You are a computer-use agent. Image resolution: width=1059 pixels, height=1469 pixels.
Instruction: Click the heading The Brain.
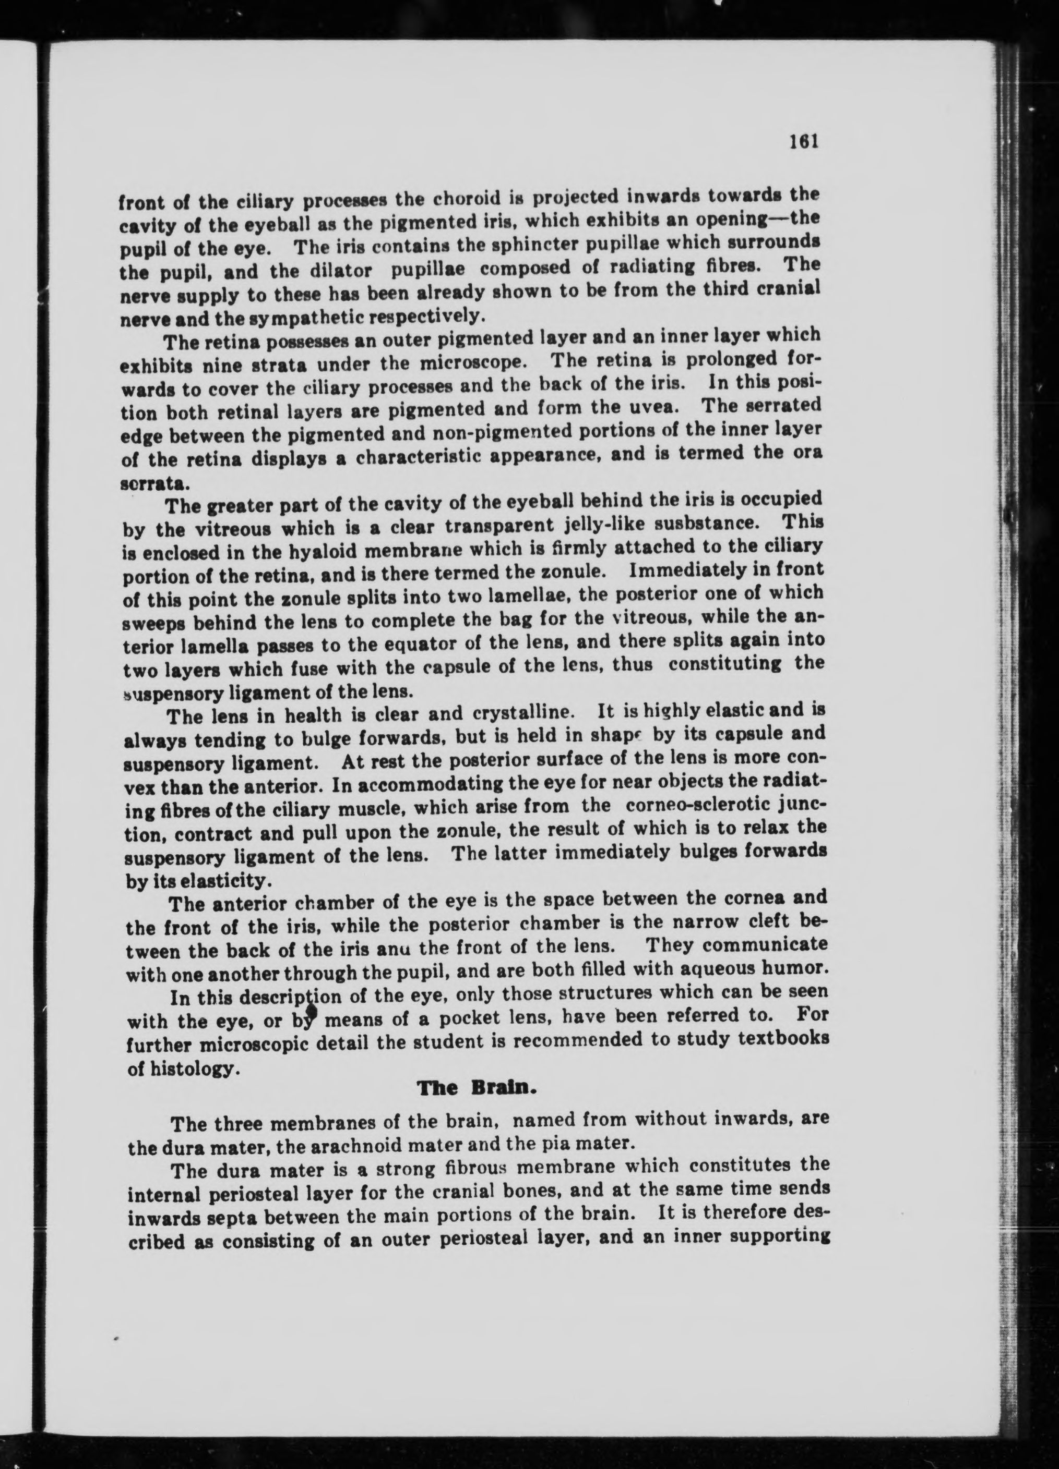click(x=477, y=1087)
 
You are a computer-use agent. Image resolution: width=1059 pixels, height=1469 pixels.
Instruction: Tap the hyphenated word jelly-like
click(x=624, y=524)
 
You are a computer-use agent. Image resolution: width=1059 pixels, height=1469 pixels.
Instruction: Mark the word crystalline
click(x=529, y=713)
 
